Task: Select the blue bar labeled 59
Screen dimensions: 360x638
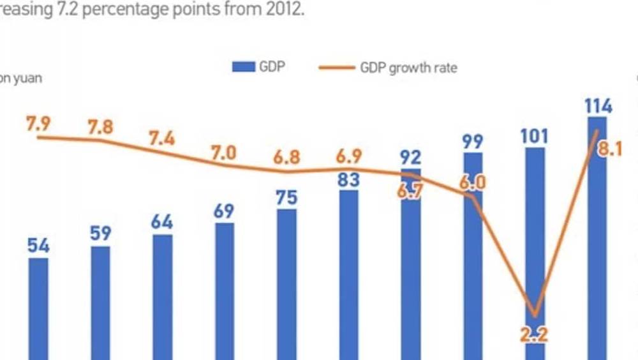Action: pos(101,303)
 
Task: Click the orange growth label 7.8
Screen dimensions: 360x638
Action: pos(100,127)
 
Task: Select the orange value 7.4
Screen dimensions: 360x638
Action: pos(162,138)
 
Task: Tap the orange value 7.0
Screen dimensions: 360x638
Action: pos(224,153)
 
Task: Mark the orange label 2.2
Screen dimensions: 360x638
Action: pos(535,334)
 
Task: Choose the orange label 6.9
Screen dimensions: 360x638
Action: pos(348,156)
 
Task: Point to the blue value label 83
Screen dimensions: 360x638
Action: pos(348,180)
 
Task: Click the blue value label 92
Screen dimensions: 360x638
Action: pos(411,157)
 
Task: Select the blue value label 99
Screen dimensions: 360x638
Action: pos(473,141)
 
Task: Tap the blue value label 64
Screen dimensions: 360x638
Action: pos(162,223)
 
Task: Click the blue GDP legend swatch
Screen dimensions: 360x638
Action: pos(243,68)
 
